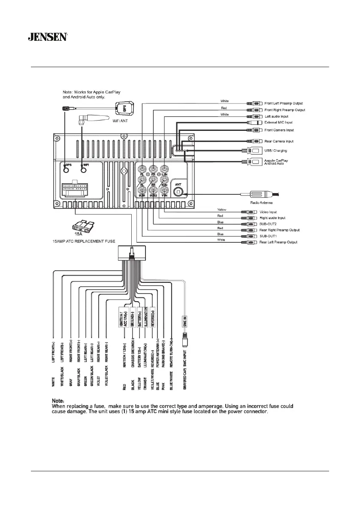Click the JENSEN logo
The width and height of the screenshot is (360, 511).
(x=47, y=37)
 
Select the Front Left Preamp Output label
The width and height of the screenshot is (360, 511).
(x=284, y=103)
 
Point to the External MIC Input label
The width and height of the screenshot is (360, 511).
(x=281, y=123)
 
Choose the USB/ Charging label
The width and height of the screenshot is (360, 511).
(x=275, y=151)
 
